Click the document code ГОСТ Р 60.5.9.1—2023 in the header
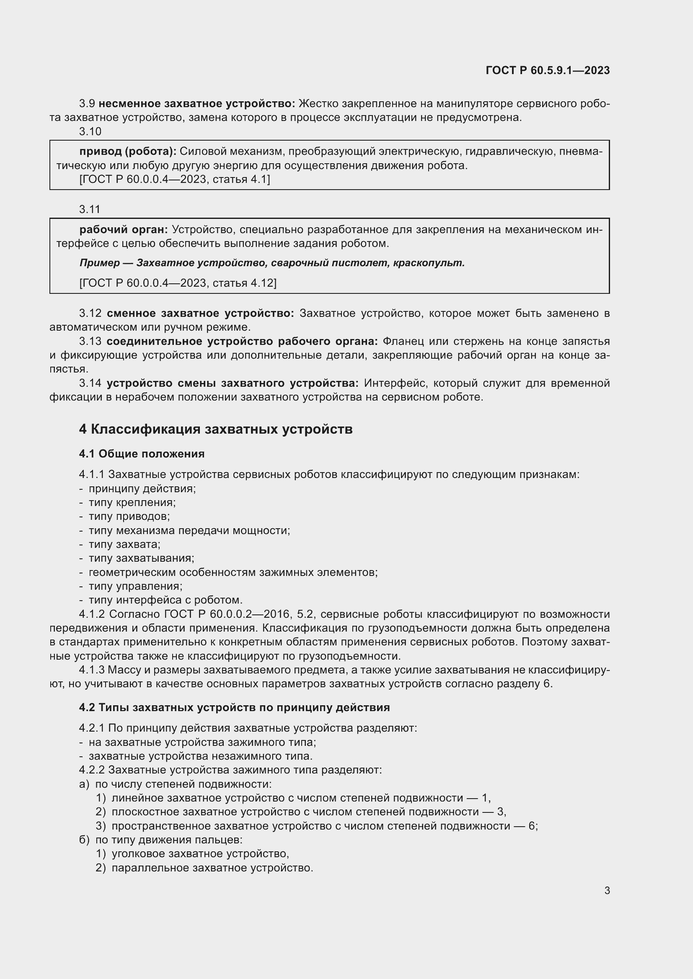click(x=548, y=70)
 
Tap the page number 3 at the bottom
click(x=607, y=890)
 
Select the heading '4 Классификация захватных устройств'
click(x=215, y=429)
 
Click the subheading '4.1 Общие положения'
click(x=142, y=454)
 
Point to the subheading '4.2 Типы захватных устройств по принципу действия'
click(x=234, y=707)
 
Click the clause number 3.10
click(x=90, y=131)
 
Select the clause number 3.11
click(x=90, y=209)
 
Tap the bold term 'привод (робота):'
click(x=128, y=152)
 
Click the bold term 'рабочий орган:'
click(x=124, y=230)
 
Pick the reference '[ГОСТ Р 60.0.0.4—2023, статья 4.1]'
click(x=175, y=180)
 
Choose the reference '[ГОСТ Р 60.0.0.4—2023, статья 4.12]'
click(x=178, y=283)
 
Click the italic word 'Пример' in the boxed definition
click(x=99, y=263)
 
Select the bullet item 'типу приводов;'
click(x=129, y=516)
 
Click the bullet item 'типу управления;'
click(x=135, y=586)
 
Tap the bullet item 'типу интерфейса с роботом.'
click(x=165, y=600)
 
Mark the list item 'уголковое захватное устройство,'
click(x=200, y=853)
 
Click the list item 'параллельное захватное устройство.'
click(x=212, y=868)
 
